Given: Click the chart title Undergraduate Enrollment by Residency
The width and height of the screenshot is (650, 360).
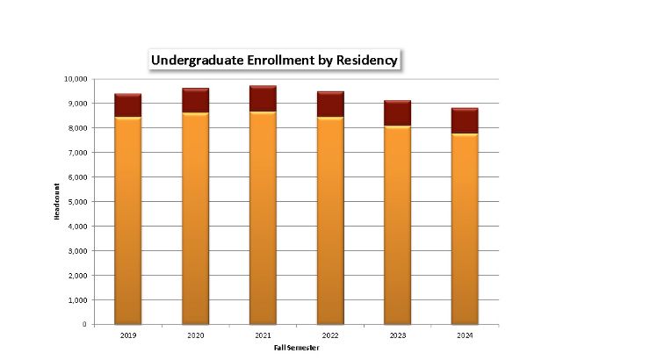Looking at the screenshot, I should pos(274,60).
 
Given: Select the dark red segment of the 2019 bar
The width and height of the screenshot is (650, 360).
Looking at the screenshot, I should pos(127,105).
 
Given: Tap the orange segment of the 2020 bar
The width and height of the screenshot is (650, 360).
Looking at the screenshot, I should pos(195,220).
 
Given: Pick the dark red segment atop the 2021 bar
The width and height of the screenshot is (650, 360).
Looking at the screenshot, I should pos(263,98).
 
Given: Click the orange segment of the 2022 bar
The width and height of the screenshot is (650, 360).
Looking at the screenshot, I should pos(330,220).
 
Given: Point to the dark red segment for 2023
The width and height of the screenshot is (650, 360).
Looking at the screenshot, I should pos(397,113).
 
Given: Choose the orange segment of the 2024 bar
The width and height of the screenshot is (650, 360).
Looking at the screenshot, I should pos(465,228).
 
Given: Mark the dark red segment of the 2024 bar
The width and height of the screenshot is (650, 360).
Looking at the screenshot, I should pos(465,120).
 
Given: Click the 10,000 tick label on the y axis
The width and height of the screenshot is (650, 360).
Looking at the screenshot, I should pos(76,79).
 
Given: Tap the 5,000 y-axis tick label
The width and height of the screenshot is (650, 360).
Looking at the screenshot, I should pos(77,202).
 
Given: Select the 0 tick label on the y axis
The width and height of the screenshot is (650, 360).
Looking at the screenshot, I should pos(84,325).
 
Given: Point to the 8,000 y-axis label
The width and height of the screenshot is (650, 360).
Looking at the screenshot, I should pos(77,128).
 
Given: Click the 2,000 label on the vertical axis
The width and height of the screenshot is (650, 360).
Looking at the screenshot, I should pos(77,276).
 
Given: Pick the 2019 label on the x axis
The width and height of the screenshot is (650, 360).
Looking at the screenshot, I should pos(127,335).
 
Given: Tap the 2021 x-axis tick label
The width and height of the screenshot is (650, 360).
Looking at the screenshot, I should pos(263,335).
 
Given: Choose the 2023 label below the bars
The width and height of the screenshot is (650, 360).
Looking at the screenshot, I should pos(397,335).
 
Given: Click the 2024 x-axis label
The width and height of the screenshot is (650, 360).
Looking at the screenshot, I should pos(465,335).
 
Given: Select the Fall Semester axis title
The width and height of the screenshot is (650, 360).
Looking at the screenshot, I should pos(296,348).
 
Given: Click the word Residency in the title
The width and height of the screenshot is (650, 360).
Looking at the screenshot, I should pos(365,60).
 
